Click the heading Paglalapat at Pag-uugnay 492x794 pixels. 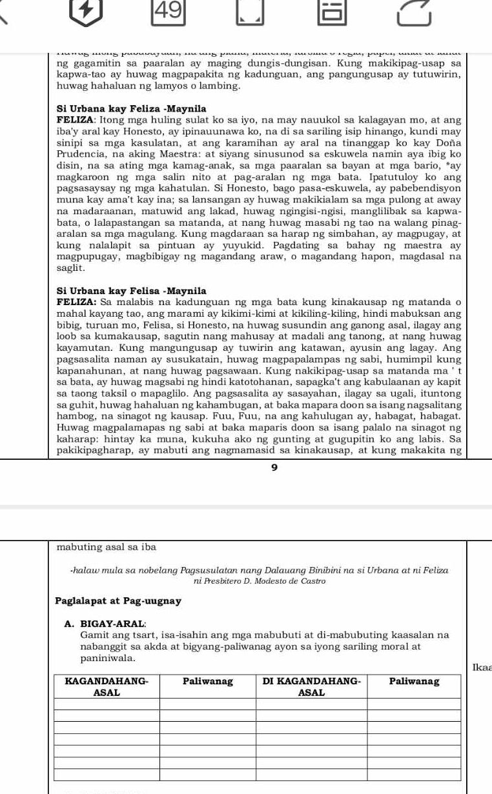click(118, 601)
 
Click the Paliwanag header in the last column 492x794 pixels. click(415, 681)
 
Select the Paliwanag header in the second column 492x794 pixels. click(208, 681)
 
